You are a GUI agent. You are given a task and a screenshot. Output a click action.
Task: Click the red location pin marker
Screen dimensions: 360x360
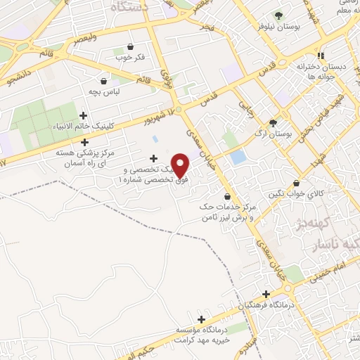181,165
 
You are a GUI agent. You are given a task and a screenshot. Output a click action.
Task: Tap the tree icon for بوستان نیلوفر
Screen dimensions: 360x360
279,15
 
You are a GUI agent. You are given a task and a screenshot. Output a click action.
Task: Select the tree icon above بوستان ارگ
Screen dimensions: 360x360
283,122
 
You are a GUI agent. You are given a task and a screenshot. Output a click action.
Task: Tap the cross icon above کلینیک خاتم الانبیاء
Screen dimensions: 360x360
84,115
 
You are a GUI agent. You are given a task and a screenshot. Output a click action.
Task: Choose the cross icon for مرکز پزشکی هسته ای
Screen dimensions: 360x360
85,142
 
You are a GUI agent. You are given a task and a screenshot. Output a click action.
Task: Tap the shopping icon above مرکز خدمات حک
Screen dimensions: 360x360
226,196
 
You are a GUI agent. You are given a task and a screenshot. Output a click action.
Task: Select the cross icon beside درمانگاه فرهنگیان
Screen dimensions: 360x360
266,295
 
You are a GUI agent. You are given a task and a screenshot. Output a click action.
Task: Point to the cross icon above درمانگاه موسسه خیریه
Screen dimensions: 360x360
202,319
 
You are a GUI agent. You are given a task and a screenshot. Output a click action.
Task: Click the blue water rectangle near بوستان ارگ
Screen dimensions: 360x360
238,157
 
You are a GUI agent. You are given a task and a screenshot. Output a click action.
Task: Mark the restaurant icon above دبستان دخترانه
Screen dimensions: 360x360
321,56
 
